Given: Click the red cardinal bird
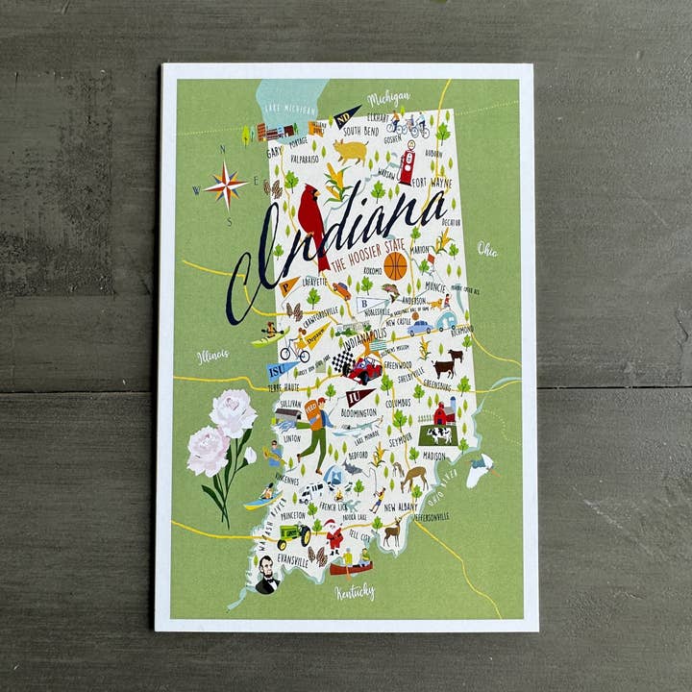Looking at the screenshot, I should pos(312,219).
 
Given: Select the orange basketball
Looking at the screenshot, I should pos(395,266).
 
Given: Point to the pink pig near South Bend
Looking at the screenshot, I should pos(353,151).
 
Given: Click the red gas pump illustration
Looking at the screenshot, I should pos(407,163).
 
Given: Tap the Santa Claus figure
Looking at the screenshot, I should pos(334,534).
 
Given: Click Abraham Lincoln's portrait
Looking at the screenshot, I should pos(266,575).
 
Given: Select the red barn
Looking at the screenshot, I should pos(443,413).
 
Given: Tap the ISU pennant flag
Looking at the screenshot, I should pos(281,370).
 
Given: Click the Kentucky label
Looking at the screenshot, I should pos(355,591).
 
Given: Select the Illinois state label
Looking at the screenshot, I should pos(212,356).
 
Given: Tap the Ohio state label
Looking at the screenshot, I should pos(487,250).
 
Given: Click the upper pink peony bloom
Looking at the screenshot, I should pos(234,412).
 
